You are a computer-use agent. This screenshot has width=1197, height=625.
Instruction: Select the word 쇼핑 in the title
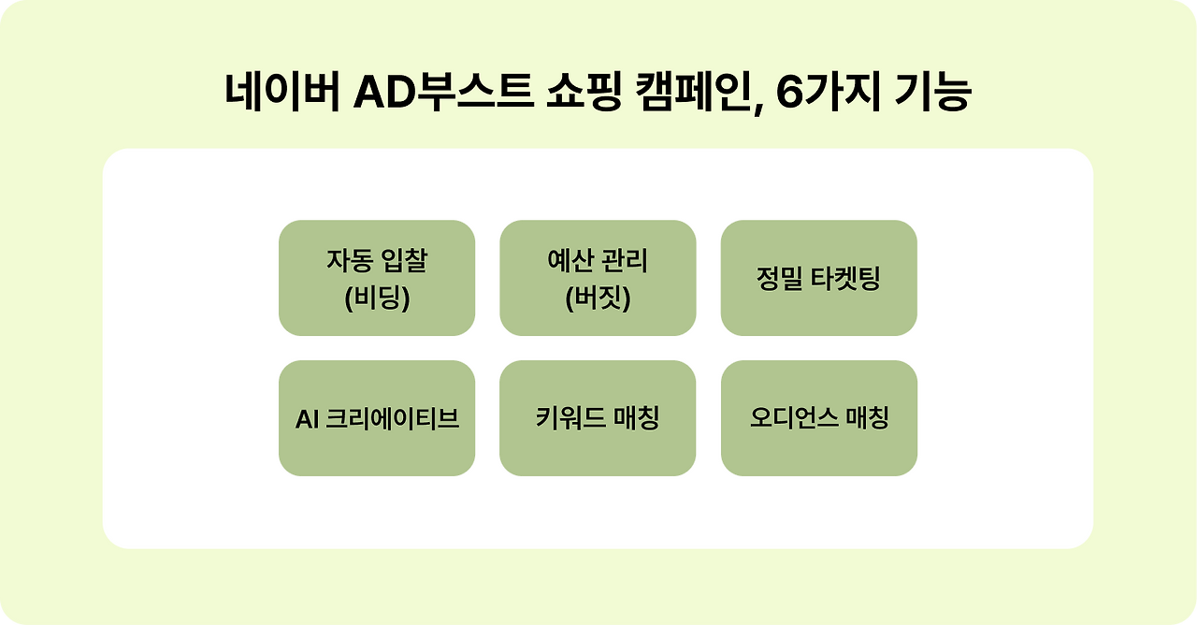point(582,94)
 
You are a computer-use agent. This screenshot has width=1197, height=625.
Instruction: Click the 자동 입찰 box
point(377,278)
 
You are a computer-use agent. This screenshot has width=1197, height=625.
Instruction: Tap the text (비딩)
point(377,299)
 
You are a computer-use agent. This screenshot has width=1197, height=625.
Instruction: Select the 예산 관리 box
point(598,278)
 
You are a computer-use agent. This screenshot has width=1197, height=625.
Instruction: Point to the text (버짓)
point(598,299)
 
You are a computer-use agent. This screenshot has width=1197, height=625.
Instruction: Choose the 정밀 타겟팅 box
point(818,278)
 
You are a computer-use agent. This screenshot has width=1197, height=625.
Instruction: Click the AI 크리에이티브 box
point(377,418)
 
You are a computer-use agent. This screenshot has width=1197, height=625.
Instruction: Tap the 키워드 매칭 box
point(598,418)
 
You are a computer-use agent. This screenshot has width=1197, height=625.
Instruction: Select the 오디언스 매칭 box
point(818,418)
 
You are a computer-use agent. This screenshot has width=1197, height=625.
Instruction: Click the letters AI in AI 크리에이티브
point(308,419)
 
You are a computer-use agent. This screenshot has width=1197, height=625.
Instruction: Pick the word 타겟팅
point(845,279)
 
